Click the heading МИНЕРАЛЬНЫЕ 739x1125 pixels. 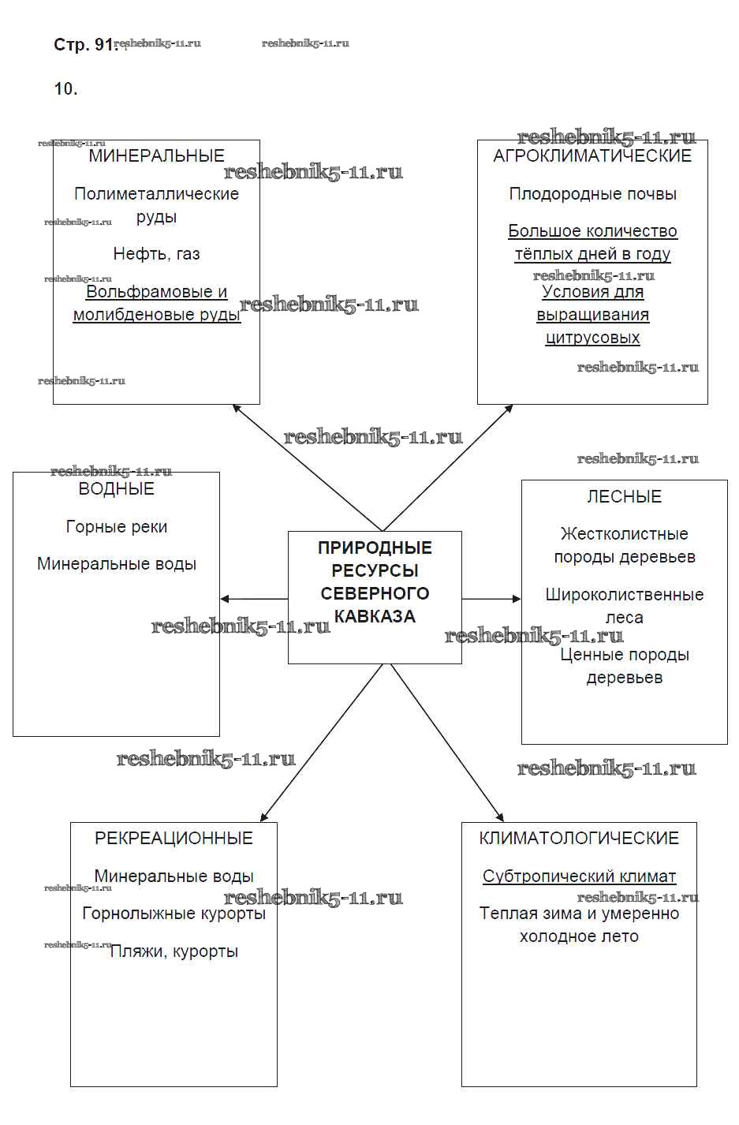click(156, 155)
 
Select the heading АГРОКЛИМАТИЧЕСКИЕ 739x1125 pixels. click(592, 155)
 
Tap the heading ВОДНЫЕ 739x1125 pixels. click(116, 489)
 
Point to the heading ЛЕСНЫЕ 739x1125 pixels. click(624, 496)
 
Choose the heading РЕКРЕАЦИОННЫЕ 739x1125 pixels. click(174, 838)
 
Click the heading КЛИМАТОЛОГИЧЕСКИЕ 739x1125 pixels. click(579, 838)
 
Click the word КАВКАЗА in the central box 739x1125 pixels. click(375, 616)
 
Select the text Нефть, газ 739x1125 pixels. click(156, 254)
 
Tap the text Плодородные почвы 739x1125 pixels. click(592, 194)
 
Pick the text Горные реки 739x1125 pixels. click(116, 527)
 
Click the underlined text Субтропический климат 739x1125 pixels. click(579, 876)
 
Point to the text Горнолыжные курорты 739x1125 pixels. click(174, 914)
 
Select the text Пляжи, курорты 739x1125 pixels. click(174, 951)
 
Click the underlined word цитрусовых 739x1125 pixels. click(592, 338)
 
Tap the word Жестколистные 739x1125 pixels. click(624, 534)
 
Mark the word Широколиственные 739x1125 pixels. click(624, 595)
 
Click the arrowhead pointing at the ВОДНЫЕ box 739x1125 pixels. click(225, 599)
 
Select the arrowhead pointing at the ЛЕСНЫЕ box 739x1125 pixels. click(517, 599)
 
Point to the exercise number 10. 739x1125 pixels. click(65, 89)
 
